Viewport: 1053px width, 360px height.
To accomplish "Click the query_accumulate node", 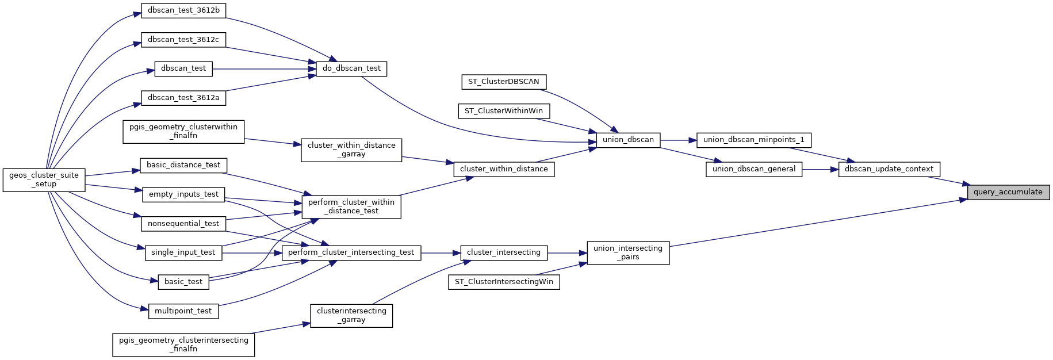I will [x=1008, y=192].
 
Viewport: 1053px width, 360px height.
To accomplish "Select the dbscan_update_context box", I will [x=889, y=169].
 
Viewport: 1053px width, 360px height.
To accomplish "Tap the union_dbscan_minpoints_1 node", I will [x=753, y=140].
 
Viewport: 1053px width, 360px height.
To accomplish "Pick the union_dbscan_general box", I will [x=753, y=169].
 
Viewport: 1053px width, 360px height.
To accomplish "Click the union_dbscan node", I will [x=628, y=140].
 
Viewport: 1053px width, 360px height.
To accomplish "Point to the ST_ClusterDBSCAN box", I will [x=503, y=82].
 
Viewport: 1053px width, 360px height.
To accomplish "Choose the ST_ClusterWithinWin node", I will [x=503, y=110].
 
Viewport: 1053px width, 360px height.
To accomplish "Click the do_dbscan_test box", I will [x=351, y=68].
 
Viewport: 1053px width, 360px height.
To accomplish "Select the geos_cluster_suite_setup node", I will [x=44, y=179].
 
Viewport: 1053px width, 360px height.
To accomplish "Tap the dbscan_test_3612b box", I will [x=183, y=10].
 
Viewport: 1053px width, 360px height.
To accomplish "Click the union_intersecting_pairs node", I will [x=628, y=252].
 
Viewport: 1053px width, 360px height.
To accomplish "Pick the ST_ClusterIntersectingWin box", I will [x=504, y=282].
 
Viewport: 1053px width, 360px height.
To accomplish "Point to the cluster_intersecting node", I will [x=503, y=252].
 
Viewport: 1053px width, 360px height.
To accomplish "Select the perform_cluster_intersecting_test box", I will [x=351, y=252].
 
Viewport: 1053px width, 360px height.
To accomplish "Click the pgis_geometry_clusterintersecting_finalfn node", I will [x=183, y=344].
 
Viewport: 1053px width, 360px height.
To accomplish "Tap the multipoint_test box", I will [x=183, y=311].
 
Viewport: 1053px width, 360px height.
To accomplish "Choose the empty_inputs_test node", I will [x=183, y=194].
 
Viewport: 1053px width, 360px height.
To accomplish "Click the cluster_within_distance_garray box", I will [x=351, y=150].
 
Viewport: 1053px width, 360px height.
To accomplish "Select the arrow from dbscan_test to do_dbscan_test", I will [x=265, y=69].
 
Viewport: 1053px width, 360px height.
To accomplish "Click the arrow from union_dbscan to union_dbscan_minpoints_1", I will [x=679, y=140].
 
